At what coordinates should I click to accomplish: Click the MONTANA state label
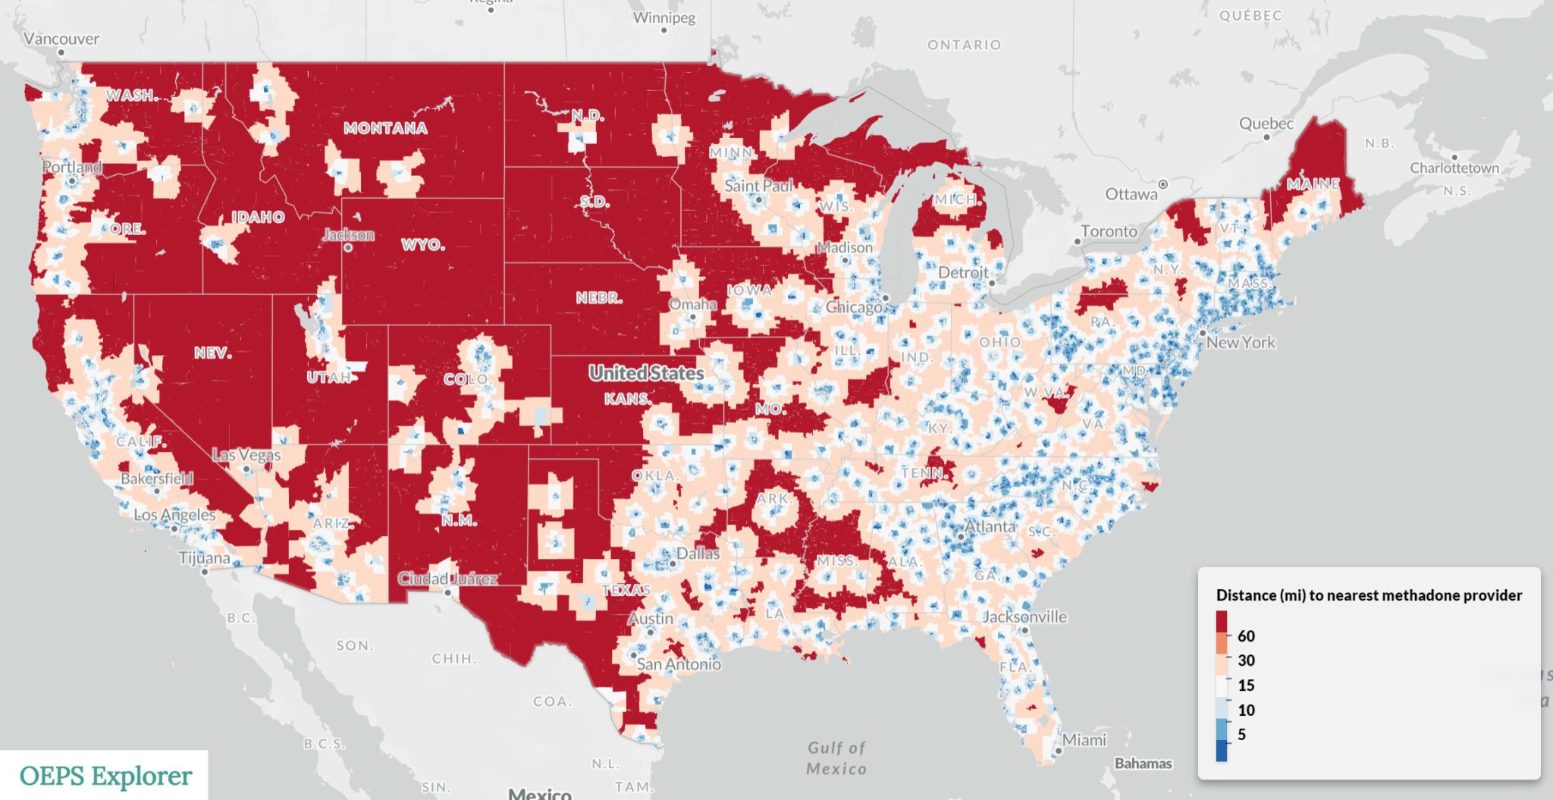point(385,128)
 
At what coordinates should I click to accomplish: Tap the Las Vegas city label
point(246,455)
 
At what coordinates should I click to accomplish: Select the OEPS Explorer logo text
point(105,776)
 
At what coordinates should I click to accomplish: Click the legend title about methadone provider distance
point(1369,595)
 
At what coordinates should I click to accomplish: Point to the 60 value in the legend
point(1246,636)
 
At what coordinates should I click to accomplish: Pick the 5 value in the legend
point(1241,734)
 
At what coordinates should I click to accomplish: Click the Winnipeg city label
point(664,17)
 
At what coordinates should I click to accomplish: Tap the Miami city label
point(1084,739)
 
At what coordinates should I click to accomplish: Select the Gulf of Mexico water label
point(836,758)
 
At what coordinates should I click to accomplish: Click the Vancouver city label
point(61,39)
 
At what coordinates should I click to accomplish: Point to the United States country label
point(646,373)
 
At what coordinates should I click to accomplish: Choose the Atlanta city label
point(990,526)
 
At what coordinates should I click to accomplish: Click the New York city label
point(1241,342)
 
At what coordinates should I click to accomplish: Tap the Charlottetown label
point(1454,168)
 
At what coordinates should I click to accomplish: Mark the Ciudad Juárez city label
point(447,579)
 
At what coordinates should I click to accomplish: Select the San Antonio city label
point(679,664)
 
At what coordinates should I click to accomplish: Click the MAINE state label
point(1313,184)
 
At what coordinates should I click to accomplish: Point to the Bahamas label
point(1143,763)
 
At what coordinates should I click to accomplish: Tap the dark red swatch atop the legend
point(1222,622)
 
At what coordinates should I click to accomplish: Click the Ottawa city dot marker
point(1163,184)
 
